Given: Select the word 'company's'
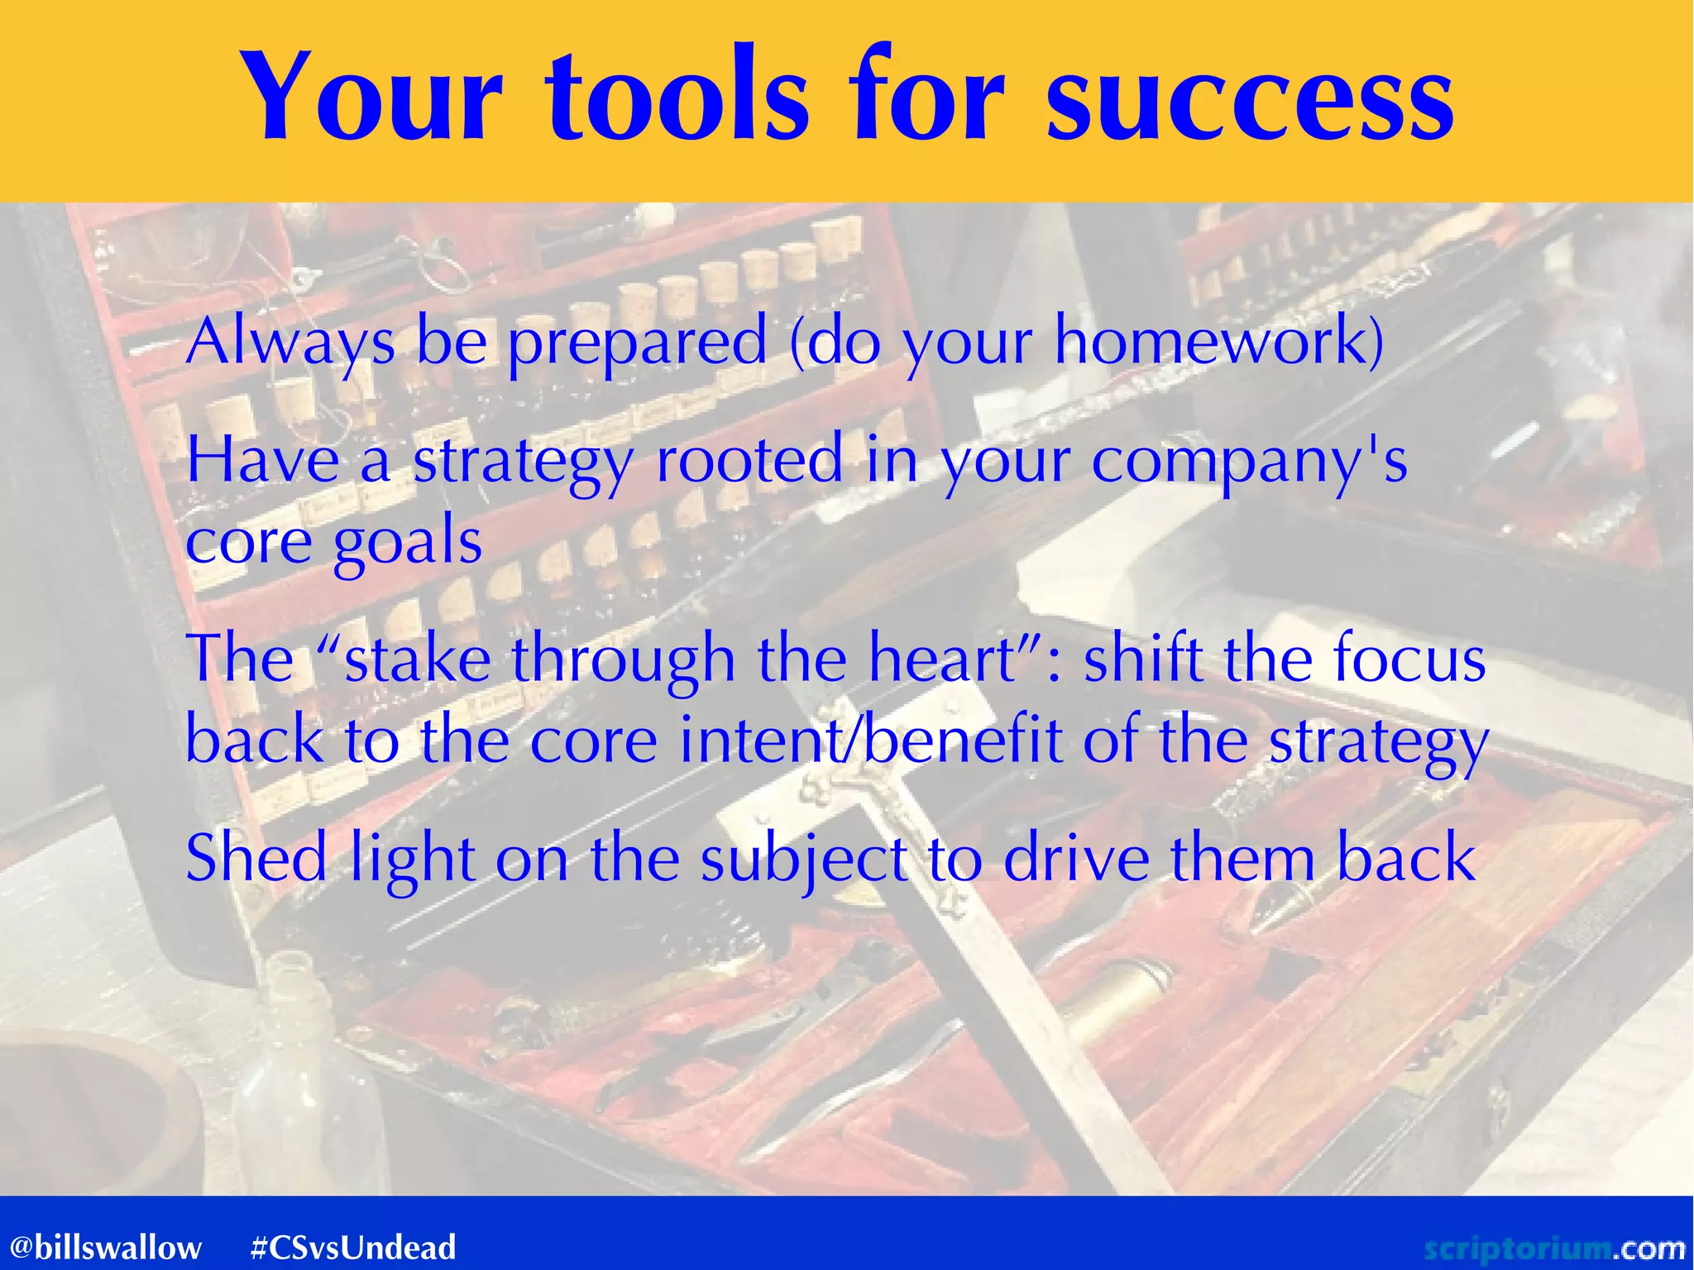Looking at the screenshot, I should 1249,460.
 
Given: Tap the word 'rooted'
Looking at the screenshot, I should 749,460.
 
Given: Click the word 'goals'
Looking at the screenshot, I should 407,543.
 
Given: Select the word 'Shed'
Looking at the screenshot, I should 256,859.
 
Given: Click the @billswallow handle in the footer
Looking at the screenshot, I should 106,1247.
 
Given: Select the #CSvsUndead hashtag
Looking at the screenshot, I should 353,1247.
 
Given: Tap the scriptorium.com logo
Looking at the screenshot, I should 1555,1247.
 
